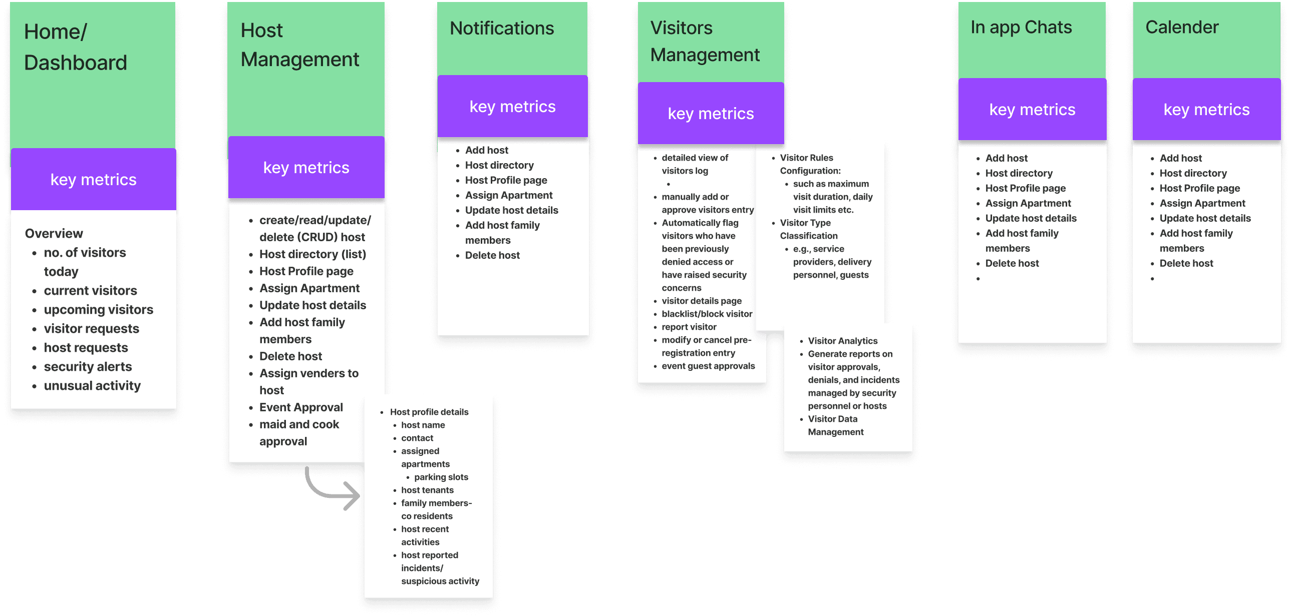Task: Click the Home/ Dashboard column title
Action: pos(75,47)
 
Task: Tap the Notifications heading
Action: pos(502,29)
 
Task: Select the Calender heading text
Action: pos(1182,28)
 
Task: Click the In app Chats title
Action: pos(1021,28)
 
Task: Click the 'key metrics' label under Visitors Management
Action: pos(711,114)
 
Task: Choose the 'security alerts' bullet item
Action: pos(88,367)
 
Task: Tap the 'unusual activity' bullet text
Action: pos(92,386)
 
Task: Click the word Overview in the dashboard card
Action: pos(54,233)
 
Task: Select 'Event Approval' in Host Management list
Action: pos(301,407)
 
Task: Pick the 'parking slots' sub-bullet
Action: pos(441,477)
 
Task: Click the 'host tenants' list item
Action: pos(427,490)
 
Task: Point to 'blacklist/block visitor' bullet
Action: pos(707,314)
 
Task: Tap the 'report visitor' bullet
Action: pos(689,327)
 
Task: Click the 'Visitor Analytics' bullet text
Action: pos(842,341)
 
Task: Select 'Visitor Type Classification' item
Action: pos(808,229)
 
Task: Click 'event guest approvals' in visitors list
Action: pos(708,366)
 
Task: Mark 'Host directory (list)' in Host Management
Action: pos(312,254)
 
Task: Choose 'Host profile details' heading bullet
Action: pos(429,412)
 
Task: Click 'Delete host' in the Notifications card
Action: pos(492,255)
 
